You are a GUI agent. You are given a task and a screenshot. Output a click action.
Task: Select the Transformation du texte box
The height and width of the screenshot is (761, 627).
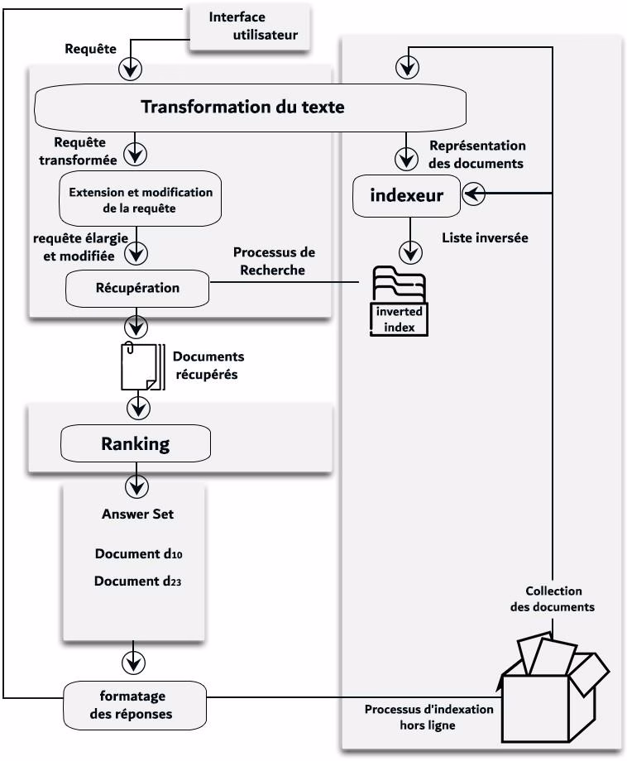point(246,108)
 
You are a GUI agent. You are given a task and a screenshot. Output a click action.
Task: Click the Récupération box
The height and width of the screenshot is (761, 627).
point(137,288)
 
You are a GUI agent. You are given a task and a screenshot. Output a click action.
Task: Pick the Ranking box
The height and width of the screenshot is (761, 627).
point(135,443)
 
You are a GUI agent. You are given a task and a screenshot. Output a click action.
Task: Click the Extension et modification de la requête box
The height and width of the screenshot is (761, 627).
point(141,200)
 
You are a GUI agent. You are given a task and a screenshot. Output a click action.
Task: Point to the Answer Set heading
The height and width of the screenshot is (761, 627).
point(137,514)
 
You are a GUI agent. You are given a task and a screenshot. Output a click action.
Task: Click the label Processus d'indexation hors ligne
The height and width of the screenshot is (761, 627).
point(428,716)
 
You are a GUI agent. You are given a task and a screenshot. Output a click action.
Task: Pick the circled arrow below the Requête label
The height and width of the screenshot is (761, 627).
point(130,69)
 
